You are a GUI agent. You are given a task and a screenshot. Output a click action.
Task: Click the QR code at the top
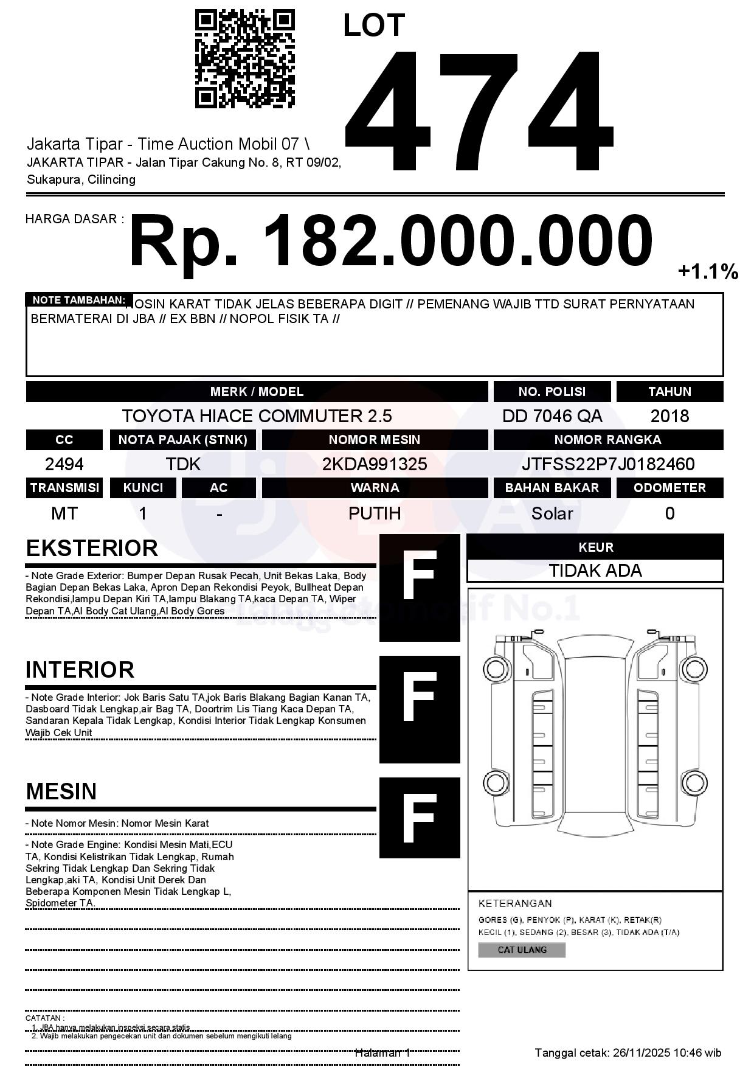[244, 59]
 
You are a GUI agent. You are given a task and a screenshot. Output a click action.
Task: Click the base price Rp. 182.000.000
[390, 241]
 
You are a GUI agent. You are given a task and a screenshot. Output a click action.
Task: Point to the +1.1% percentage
[708, 271]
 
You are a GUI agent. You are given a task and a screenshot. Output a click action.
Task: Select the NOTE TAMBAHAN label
[79, 300]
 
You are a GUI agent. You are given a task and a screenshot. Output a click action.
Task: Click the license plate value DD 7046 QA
[552, 416]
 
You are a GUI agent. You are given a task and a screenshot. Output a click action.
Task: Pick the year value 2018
[669, 416]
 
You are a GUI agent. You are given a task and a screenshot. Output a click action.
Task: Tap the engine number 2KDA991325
[375, 465]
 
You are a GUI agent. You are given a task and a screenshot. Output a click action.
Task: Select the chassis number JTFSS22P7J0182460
[608, 465]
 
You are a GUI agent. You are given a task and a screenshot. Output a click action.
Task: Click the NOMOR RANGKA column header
[608, 440]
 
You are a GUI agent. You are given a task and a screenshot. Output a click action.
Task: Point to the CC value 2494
[64, 465]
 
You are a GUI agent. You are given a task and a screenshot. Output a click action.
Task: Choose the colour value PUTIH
[375, 513]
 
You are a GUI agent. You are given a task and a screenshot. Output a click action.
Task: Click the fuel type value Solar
[552, 513]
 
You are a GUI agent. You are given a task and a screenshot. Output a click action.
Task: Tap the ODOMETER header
[669, 488]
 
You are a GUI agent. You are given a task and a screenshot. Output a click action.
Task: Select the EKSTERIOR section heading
[92, 548]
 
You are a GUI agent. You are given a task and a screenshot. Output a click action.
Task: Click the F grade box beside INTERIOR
[420, 709]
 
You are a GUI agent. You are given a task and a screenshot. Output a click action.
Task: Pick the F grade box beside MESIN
[420, 818]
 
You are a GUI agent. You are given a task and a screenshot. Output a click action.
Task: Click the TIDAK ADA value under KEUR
[595, 571]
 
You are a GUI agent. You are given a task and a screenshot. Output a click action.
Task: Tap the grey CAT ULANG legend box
[522, 950]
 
